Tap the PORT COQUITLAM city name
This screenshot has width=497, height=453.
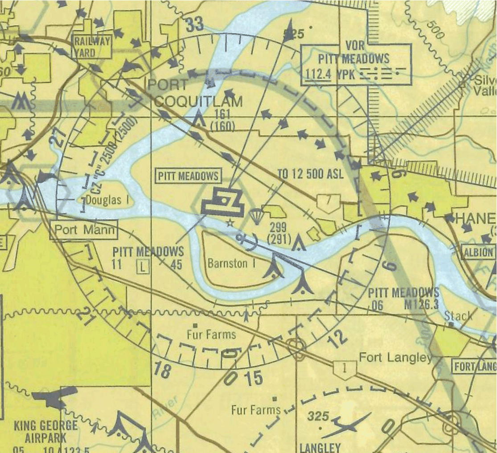195,93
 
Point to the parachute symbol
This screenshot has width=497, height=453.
256,216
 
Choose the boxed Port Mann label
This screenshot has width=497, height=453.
83,230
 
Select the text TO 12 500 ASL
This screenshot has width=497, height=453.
310,174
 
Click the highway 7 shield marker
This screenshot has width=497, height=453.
328,201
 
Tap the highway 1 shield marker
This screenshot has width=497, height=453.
345,369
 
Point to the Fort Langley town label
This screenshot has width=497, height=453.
395,358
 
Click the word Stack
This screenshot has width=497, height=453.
458,316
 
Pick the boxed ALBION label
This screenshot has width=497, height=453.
478,251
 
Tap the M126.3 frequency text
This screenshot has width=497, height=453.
421,305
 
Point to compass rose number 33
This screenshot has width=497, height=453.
195,25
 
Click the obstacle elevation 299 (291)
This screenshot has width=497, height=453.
278,233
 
